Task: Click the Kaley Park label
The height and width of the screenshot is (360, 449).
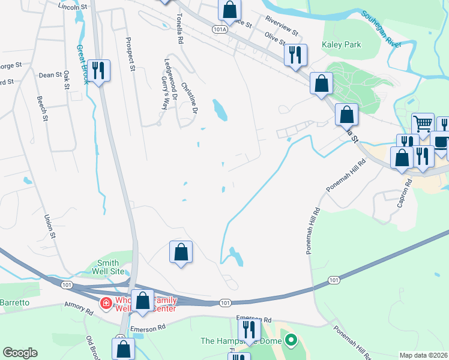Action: click(x=341, y=44)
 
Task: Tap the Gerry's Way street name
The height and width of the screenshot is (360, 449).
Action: click(x=163, y=92)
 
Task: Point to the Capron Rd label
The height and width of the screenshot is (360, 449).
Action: click(x=403, y=193)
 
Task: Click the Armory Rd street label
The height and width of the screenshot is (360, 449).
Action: click(x=79, y=309)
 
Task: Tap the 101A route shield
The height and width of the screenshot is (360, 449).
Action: click(x=220, y=28)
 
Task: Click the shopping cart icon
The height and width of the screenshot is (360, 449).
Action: click(x=423, y=124)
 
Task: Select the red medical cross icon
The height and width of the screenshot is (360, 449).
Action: click(x=106, y=304)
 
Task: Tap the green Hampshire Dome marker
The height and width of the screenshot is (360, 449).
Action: click(x=291, y=341)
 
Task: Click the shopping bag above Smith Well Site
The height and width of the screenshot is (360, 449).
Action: click(x=181, y=252)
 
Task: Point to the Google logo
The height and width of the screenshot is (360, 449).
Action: click(x=20, y=353)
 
